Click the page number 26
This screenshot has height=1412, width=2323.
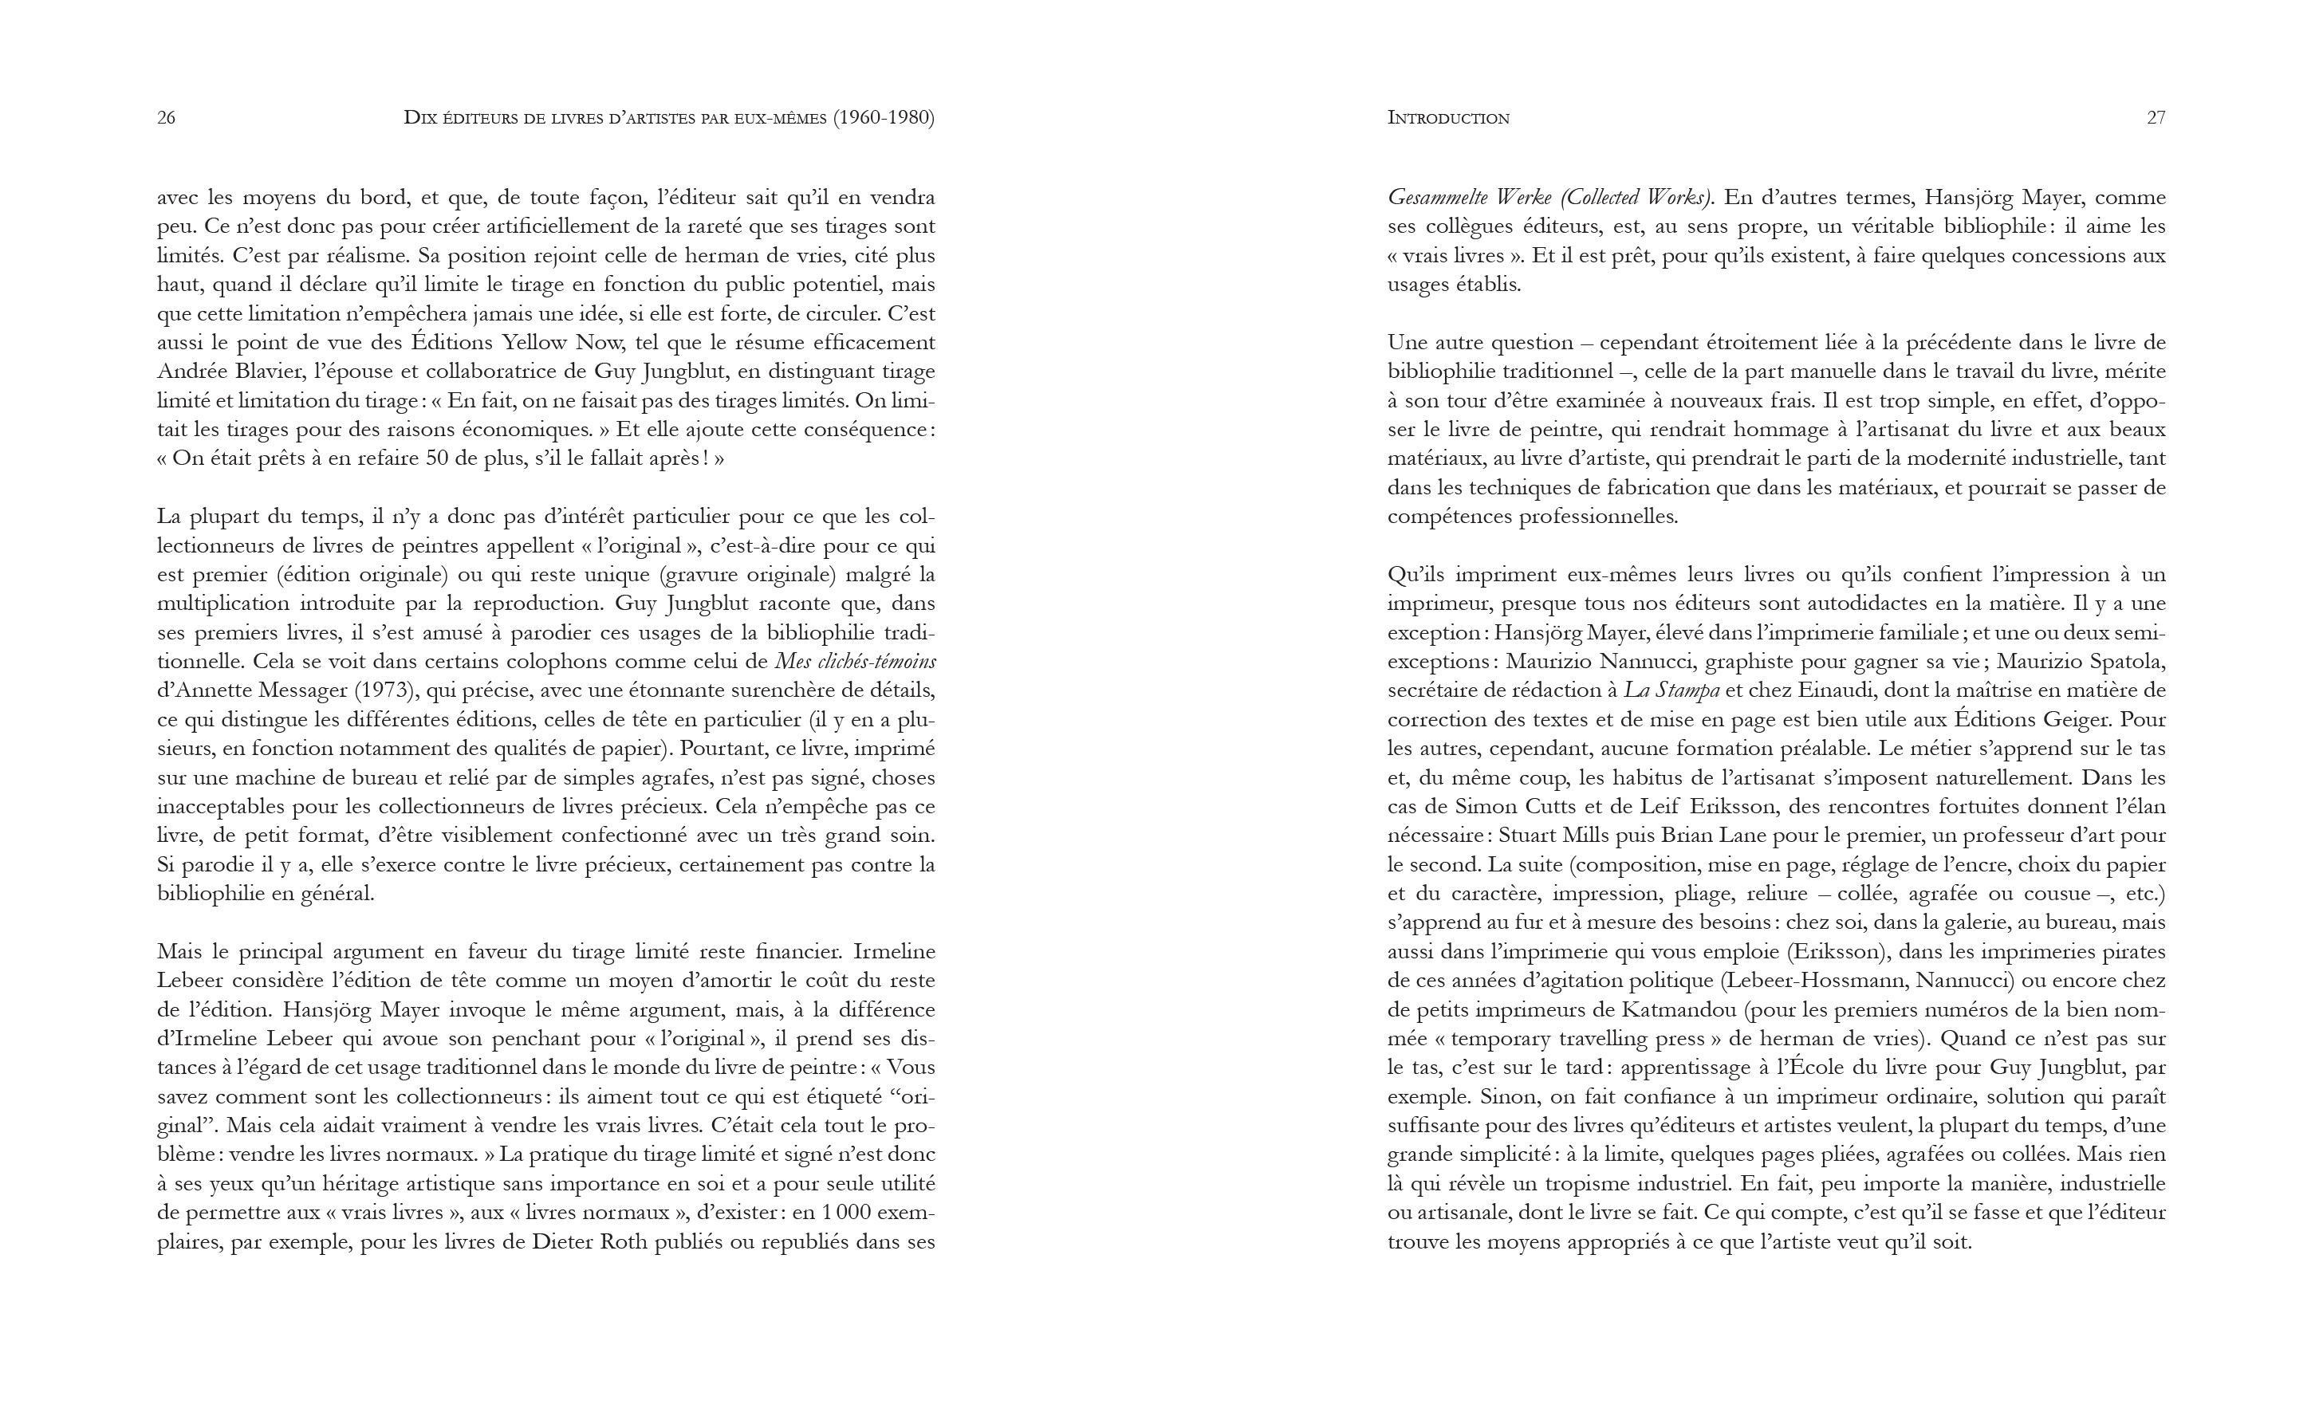point(166,118)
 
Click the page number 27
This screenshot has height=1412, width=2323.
point(2156,118)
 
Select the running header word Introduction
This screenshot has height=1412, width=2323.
point(1448,118)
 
